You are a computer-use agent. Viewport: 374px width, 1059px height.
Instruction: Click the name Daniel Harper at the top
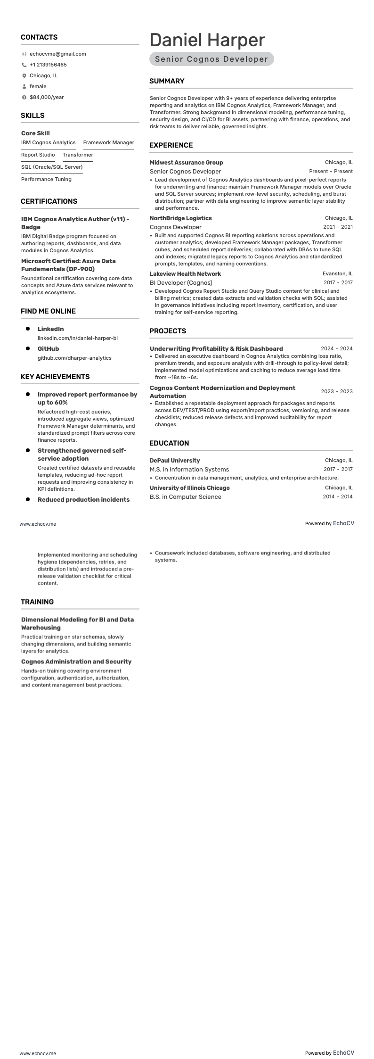pos(207,40)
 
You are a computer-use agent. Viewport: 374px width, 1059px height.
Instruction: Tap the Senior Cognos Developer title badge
pos(211,59)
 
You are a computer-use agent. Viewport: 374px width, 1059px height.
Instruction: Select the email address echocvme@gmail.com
pos(57,54)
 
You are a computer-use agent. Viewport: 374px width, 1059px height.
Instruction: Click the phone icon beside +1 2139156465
pos(24,65)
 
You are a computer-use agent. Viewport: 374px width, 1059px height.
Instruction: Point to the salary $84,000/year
pos(47,98)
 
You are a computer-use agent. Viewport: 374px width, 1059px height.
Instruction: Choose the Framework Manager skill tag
pos(108,143)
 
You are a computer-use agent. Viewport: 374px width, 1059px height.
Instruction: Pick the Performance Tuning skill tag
pos(46,180)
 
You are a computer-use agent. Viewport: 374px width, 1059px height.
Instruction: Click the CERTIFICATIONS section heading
pos(49,201)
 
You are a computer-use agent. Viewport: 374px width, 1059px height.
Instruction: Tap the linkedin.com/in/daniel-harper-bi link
pos(78,339)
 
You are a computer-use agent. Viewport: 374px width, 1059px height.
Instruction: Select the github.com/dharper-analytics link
pos(74,358)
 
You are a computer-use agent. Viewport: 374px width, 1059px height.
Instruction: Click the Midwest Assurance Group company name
pos(186,163)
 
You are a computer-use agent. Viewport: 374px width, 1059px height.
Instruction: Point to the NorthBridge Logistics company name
pos(180,218)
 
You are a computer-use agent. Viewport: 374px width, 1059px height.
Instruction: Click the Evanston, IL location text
pos(337,274)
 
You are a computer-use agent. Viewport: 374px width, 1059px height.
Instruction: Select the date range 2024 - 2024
pos(336,349)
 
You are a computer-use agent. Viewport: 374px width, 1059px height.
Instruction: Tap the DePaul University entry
pos(175,461)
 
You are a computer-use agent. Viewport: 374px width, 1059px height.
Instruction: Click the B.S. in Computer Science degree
pos(185,497)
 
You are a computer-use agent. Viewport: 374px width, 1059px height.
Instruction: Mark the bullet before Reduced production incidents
pos(28,499)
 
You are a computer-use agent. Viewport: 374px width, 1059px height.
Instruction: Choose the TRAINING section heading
pos(37,602)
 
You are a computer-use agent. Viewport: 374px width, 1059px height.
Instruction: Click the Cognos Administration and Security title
pos(76,662)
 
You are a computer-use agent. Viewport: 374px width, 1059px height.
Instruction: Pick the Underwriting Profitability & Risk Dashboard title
pos(216,349)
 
